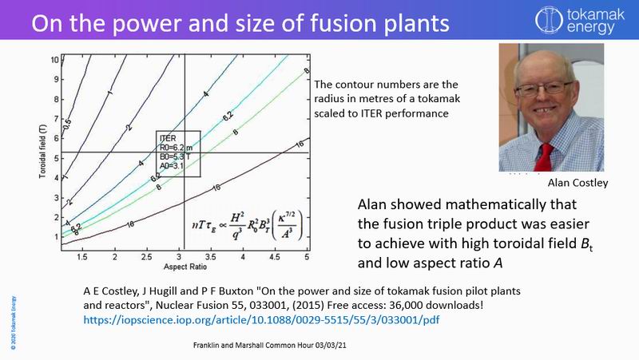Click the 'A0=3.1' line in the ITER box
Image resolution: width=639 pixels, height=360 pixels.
pos(173,168)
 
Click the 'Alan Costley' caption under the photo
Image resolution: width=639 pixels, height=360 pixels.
pos(577,183)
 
